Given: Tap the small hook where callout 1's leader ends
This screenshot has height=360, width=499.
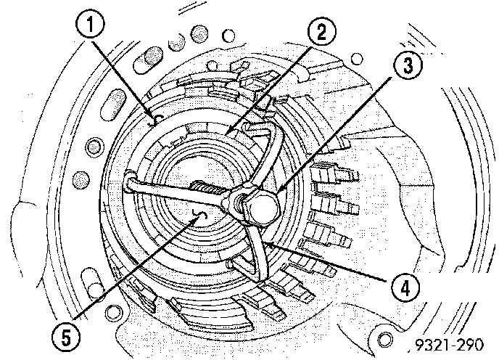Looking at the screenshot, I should tap(154, 116).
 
